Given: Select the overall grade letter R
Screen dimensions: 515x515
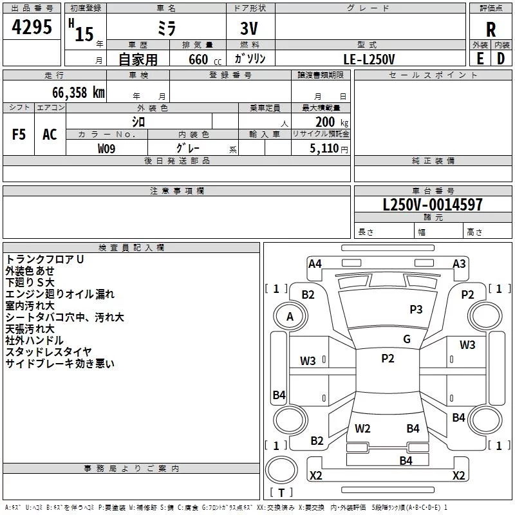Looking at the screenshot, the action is point(491,29).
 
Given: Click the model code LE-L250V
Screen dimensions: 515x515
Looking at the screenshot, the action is point(370,59).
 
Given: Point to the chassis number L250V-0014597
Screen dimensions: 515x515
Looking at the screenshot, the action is point(433,205).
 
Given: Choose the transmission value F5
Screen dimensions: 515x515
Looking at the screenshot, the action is point(19,135).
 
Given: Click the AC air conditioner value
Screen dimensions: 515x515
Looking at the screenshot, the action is point(50,135).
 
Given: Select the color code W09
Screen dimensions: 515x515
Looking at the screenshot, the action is point(106,148).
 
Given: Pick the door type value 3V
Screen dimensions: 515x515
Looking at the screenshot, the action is point(250,29).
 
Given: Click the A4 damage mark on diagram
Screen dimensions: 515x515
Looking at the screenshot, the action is point(315,264).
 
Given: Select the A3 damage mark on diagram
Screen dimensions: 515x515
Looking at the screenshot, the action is point(459,264).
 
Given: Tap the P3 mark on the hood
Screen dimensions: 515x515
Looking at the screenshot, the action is point(416,310).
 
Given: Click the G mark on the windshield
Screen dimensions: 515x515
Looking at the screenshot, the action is point(406,339).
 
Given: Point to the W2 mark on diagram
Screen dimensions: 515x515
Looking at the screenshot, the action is point(362,428).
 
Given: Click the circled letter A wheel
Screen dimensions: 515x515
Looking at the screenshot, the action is point(290,316).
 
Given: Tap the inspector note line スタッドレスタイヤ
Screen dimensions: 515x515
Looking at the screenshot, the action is point(48,351).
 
